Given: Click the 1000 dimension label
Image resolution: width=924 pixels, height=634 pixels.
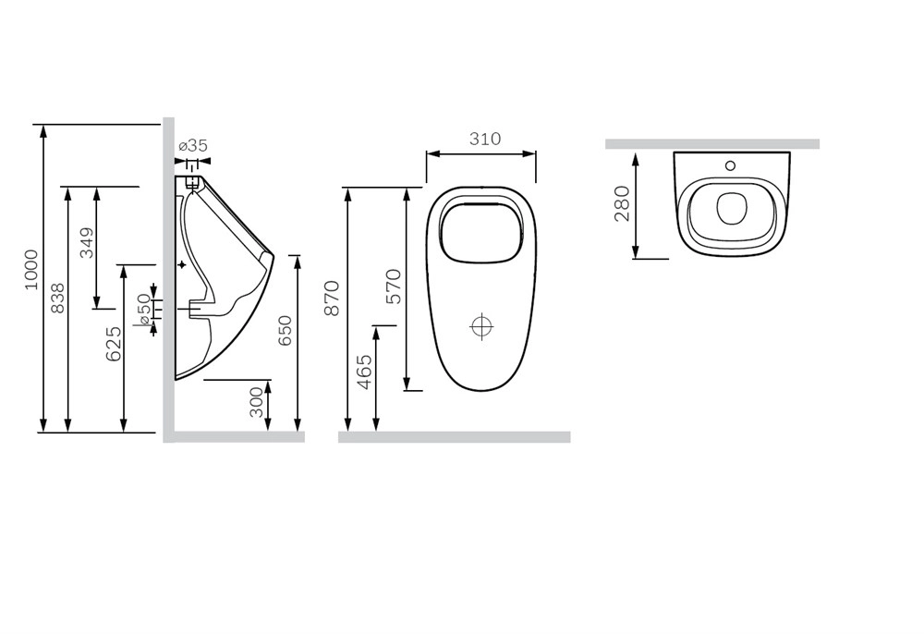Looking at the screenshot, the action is [x=31, y=270].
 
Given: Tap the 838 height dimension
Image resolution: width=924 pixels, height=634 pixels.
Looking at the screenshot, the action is [x=57, y=299].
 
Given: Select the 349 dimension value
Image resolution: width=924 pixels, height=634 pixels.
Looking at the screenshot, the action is [x=87, y=243].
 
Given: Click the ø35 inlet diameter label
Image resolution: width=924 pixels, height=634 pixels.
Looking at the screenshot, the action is [x=193, y=145].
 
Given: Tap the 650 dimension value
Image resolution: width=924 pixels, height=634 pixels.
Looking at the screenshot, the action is [x=285, y=331].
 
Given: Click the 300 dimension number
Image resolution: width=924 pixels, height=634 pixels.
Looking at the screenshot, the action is [x=257, y=402].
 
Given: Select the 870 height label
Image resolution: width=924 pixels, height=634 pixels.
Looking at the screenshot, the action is [x=333, y=299].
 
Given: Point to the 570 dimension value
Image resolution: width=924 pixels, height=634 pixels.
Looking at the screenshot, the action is [x=395, y=287].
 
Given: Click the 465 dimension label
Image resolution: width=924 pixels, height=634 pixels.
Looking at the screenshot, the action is [x=365, y=372].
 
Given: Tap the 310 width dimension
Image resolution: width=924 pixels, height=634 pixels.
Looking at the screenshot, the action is [x=485, y=139].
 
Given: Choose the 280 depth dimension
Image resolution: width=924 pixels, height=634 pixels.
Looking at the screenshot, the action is [x=622, y=203].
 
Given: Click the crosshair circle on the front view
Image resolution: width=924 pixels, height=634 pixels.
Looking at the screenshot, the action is [x=482, y=326].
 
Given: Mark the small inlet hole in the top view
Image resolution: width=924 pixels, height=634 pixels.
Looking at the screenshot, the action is [x=730, y=165].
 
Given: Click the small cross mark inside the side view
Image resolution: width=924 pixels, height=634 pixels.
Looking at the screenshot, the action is [x=181, y=265].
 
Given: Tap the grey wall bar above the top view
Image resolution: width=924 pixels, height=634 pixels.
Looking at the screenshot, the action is [x=712, y=144].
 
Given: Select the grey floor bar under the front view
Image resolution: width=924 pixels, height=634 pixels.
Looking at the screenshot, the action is [x=455, y=437].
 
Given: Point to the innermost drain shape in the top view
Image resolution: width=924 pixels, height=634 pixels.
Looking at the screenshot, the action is [x=733, y=209].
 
